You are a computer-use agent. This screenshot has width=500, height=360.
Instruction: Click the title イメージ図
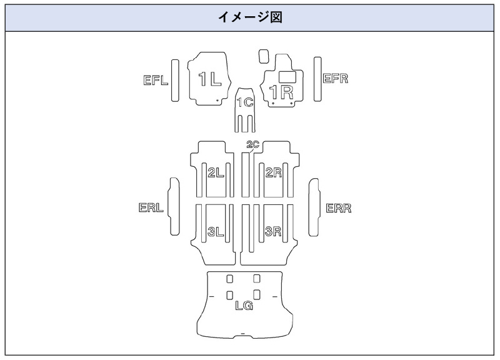pyautogui.click(x=250, y=18)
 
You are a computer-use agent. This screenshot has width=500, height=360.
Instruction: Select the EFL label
pyautogui.click(x=154, y=80)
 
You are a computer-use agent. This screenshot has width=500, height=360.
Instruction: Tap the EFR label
pyautogui.click(x=336, y=79)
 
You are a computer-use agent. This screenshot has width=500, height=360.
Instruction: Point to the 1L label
pyautogui.click(x=209, y=79)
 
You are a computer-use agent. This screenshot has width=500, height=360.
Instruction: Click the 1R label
pyautogui.click(x=281, y=92)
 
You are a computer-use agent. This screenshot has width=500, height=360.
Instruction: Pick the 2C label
pyautogui.click(x=252, y=145)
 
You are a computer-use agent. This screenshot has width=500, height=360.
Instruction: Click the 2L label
pyautogui.click(x=216, y=173)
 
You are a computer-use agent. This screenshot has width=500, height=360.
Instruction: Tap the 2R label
pyautogui.click(x=274, y=173)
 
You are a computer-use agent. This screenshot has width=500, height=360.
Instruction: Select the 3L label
pyautogui.click(x=216, y=232)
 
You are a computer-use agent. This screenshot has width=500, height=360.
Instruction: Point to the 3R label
pyautogui.click(x=273, y=232)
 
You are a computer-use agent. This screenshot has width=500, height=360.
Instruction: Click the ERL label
pyautogui.click(x=151, y=208)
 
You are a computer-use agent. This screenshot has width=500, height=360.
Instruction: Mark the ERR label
pyautogui.click(x=339, y=208)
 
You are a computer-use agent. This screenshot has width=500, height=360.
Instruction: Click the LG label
pyautogui.click(x=244, y=306)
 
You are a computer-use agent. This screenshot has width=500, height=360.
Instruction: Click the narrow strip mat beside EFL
pyautogui.click(x=176, y=81)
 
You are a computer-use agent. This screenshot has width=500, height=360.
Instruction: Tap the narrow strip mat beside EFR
pyautogui.click(x=317, y=79)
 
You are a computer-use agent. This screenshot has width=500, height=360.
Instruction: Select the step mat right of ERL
pyautogui.click(x=174, y=208)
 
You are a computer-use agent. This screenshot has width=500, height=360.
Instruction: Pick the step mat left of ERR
pyautogui.click(x=314, y=208)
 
